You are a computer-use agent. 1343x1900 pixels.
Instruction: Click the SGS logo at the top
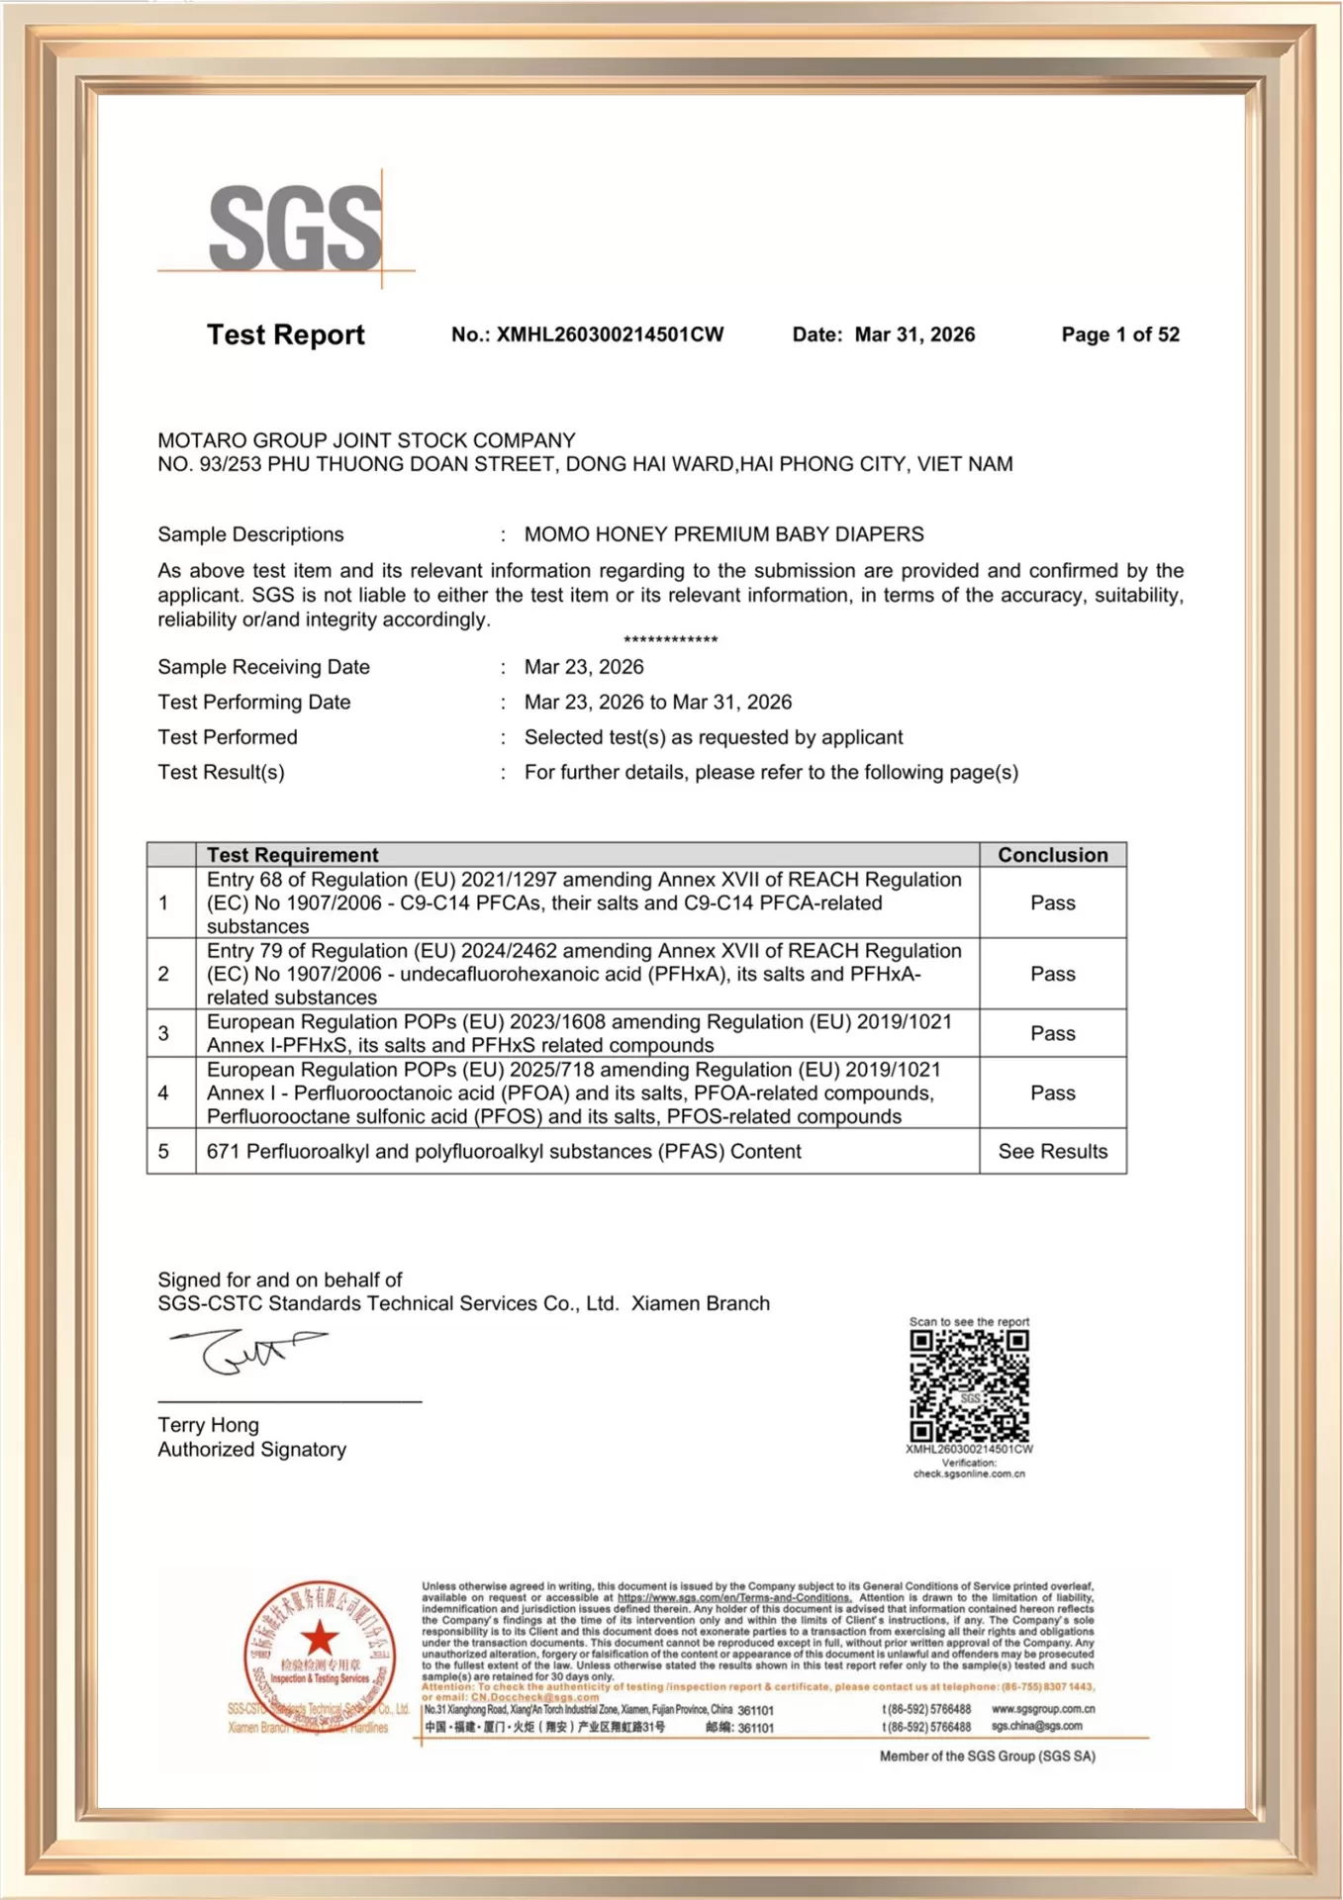(x=294, y=228)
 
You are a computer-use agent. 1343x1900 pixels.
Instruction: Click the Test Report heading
(x=285, y=334)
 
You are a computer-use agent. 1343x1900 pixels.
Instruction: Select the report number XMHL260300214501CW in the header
(x=610, y=334)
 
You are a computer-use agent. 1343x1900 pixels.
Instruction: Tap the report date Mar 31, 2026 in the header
(x=914, y=334)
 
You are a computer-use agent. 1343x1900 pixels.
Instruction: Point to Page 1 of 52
(x=1120, y=334)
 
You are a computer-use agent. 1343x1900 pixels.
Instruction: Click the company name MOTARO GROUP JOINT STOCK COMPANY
(x=366, y=440)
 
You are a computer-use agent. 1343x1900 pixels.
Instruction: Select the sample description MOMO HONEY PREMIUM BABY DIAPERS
(x=723, y=534)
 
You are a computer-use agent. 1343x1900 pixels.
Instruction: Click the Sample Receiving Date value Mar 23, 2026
(x=584, y=667)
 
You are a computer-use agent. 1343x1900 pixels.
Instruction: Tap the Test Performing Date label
(x=254, y=702)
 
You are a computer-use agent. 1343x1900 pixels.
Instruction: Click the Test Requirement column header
(x=292, y=855)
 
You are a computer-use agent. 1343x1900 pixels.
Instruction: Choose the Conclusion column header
(x=1052, y=855)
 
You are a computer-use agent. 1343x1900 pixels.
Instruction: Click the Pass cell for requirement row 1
(x=1052, y=902)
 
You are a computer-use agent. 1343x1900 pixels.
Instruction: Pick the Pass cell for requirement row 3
(x=1052, y=1033)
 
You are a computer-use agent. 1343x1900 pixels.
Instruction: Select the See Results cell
(x=1052, y=1151)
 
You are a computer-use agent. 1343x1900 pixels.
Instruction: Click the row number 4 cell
(x=163, y=1092)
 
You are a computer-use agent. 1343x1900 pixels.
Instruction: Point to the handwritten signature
(x=247, y=1352)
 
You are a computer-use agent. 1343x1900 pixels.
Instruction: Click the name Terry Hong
(x=208, y=1425)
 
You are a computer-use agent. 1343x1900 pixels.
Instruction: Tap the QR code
(x=969, y=1386)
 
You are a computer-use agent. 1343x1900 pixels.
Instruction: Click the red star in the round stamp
(x=320, y=1638)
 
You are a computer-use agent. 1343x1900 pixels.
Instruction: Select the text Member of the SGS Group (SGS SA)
(x=987, y=1757)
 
